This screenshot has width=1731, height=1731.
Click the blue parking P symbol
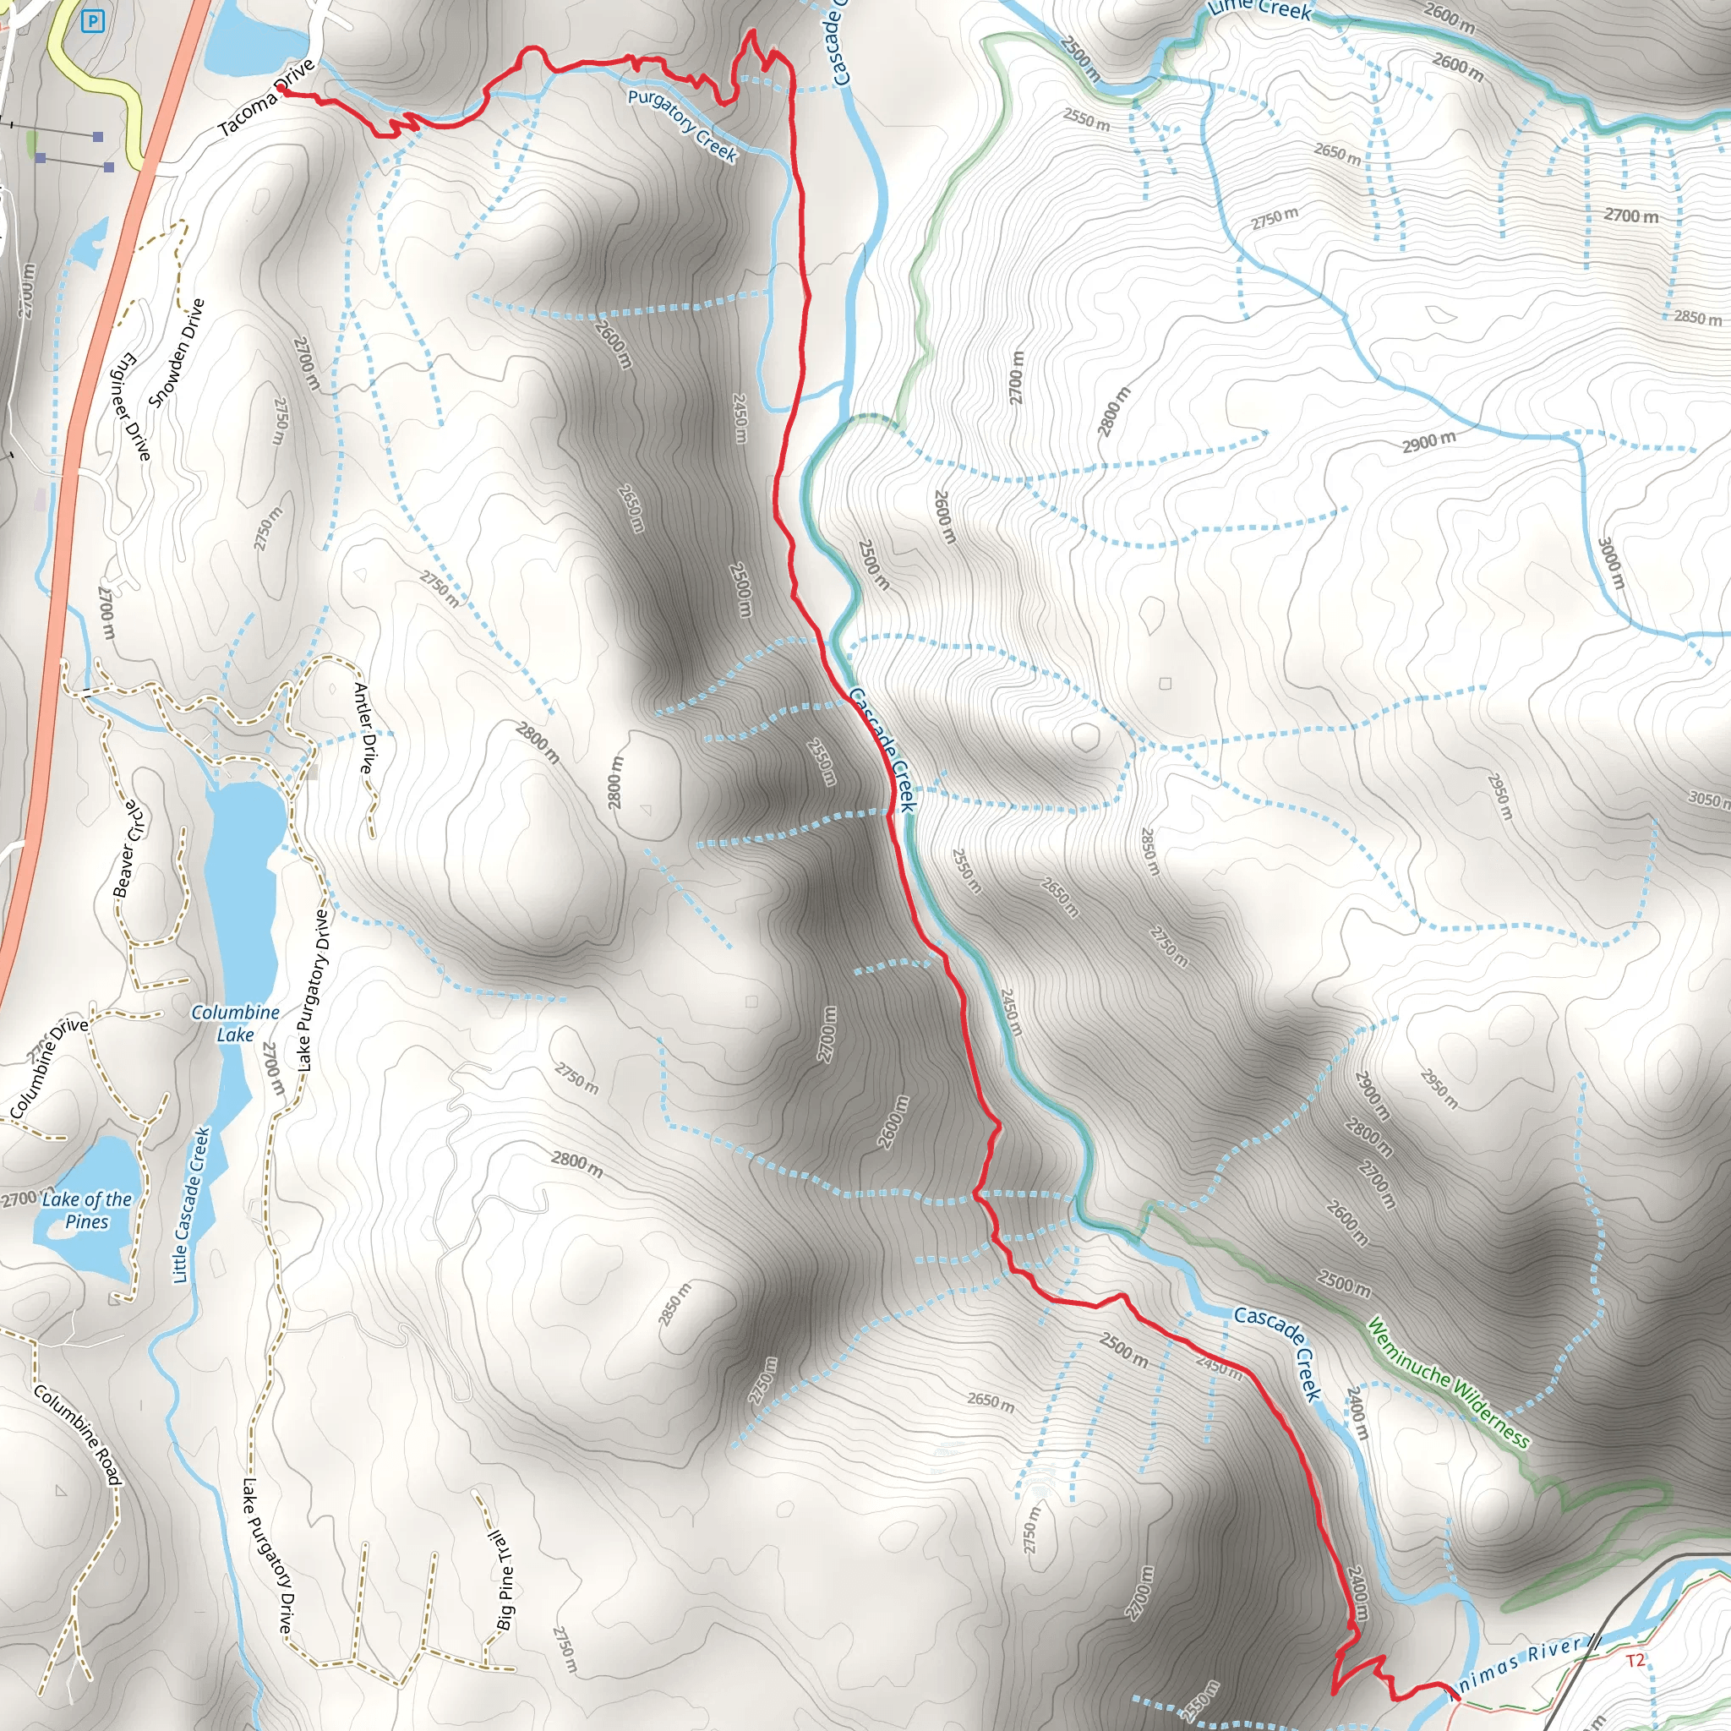(91, 20)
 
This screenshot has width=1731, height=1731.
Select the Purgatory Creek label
(683, 125)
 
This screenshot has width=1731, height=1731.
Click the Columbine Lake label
(236, 1024)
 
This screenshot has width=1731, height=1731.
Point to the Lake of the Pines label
(87, 1210)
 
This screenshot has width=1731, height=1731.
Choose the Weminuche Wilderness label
(1449, 1383)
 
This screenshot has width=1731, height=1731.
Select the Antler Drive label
(363, 728)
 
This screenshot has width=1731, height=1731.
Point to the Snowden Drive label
(177, 353)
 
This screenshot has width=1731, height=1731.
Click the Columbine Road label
(78, 1434)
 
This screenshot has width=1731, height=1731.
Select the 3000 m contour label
(1610, 563)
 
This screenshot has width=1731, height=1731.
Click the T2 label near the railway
(1635, 1660)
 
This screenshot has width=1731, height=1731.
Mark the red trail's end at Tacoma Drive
(281, 88)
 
